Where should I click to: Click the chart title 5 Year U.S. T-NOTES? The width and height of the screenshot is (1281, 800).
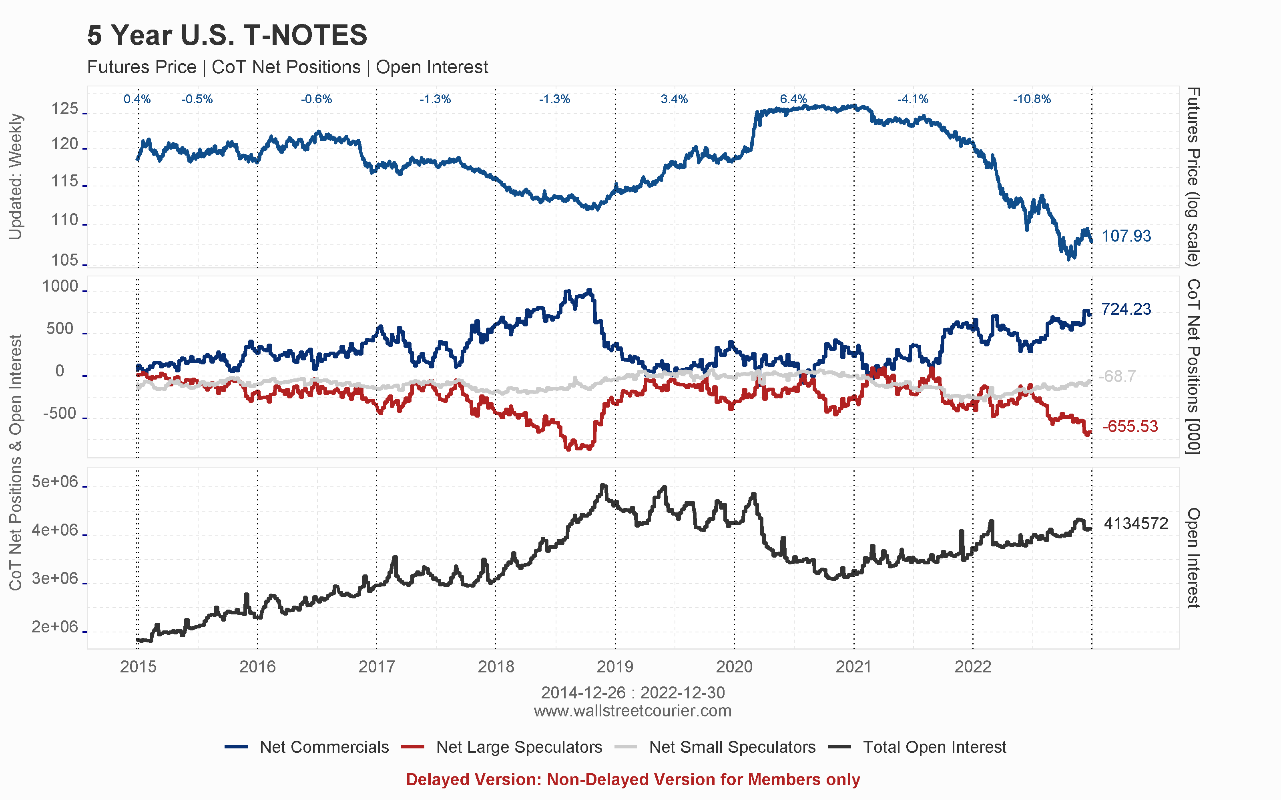tap(227, 36)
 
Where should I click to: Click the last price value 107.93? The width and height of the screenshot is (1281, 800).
tap(1126, 236)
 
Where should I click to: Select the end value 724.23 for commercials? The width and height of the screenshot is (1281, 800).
tap(1126, 309)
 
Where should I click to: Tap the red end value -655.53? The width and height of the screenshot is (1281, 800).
tap(1130, 426)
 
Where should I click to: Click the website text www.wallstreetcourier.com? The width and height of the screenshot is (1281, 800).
tap(632, 710)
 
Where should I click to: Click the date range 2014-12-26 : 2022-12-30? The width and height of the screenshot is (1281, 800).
tap(632, 692)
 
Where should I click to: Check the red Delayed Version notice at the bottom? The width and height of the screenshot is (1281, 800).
tap(632, 779)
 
